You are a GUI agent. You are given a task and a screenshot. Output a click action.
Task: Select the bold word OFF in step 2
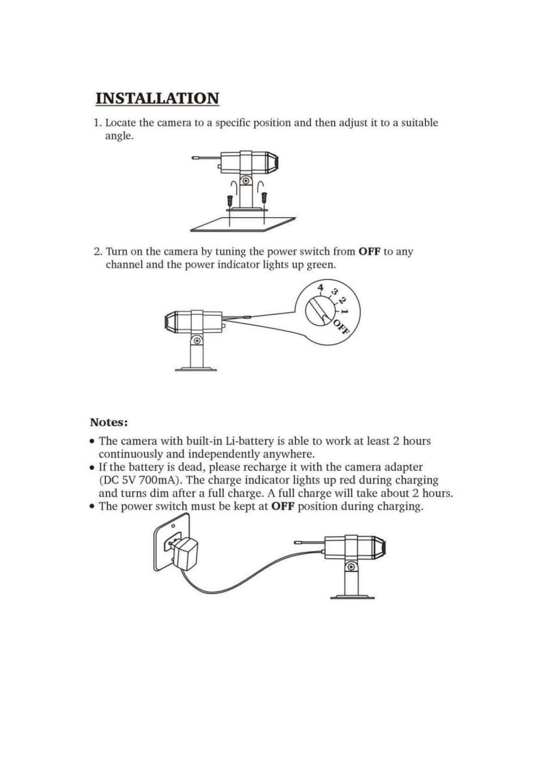370,252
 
